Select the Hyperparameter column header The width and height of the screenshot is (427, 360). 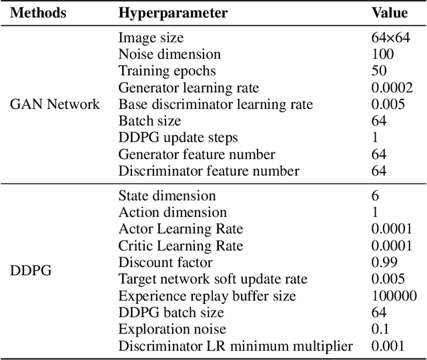coord(173,13)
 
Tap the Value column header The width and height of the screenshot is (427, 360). coord(388,13)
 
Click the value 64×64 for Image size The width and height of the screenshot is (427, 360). coord(390,38)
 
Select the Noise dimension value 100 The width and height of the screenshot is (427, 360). coord(382,55)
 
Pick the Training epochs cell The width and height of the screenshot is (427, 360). coord(167,71)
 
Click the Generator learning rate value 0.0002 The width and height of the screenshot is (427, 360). coord(392,87)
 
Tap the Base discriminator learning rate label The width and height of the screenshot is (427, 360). coord(216,104)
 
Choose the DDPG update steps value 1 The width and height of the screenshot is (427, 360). coord(374,138)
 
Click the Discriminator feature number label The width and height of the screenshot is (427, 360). coord(209,171)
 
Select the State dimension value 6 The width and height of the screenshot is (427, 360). coord(375,196)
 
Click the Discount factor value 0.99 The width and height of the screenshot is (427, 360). coord(384,262)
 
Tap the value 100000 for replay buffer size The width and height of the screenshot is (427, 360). coord(394,296)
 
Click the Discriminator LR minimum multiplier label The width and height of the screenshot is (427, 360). coord(236,345)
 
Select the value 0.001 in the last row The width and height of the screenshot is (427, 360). coord(388,345)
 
